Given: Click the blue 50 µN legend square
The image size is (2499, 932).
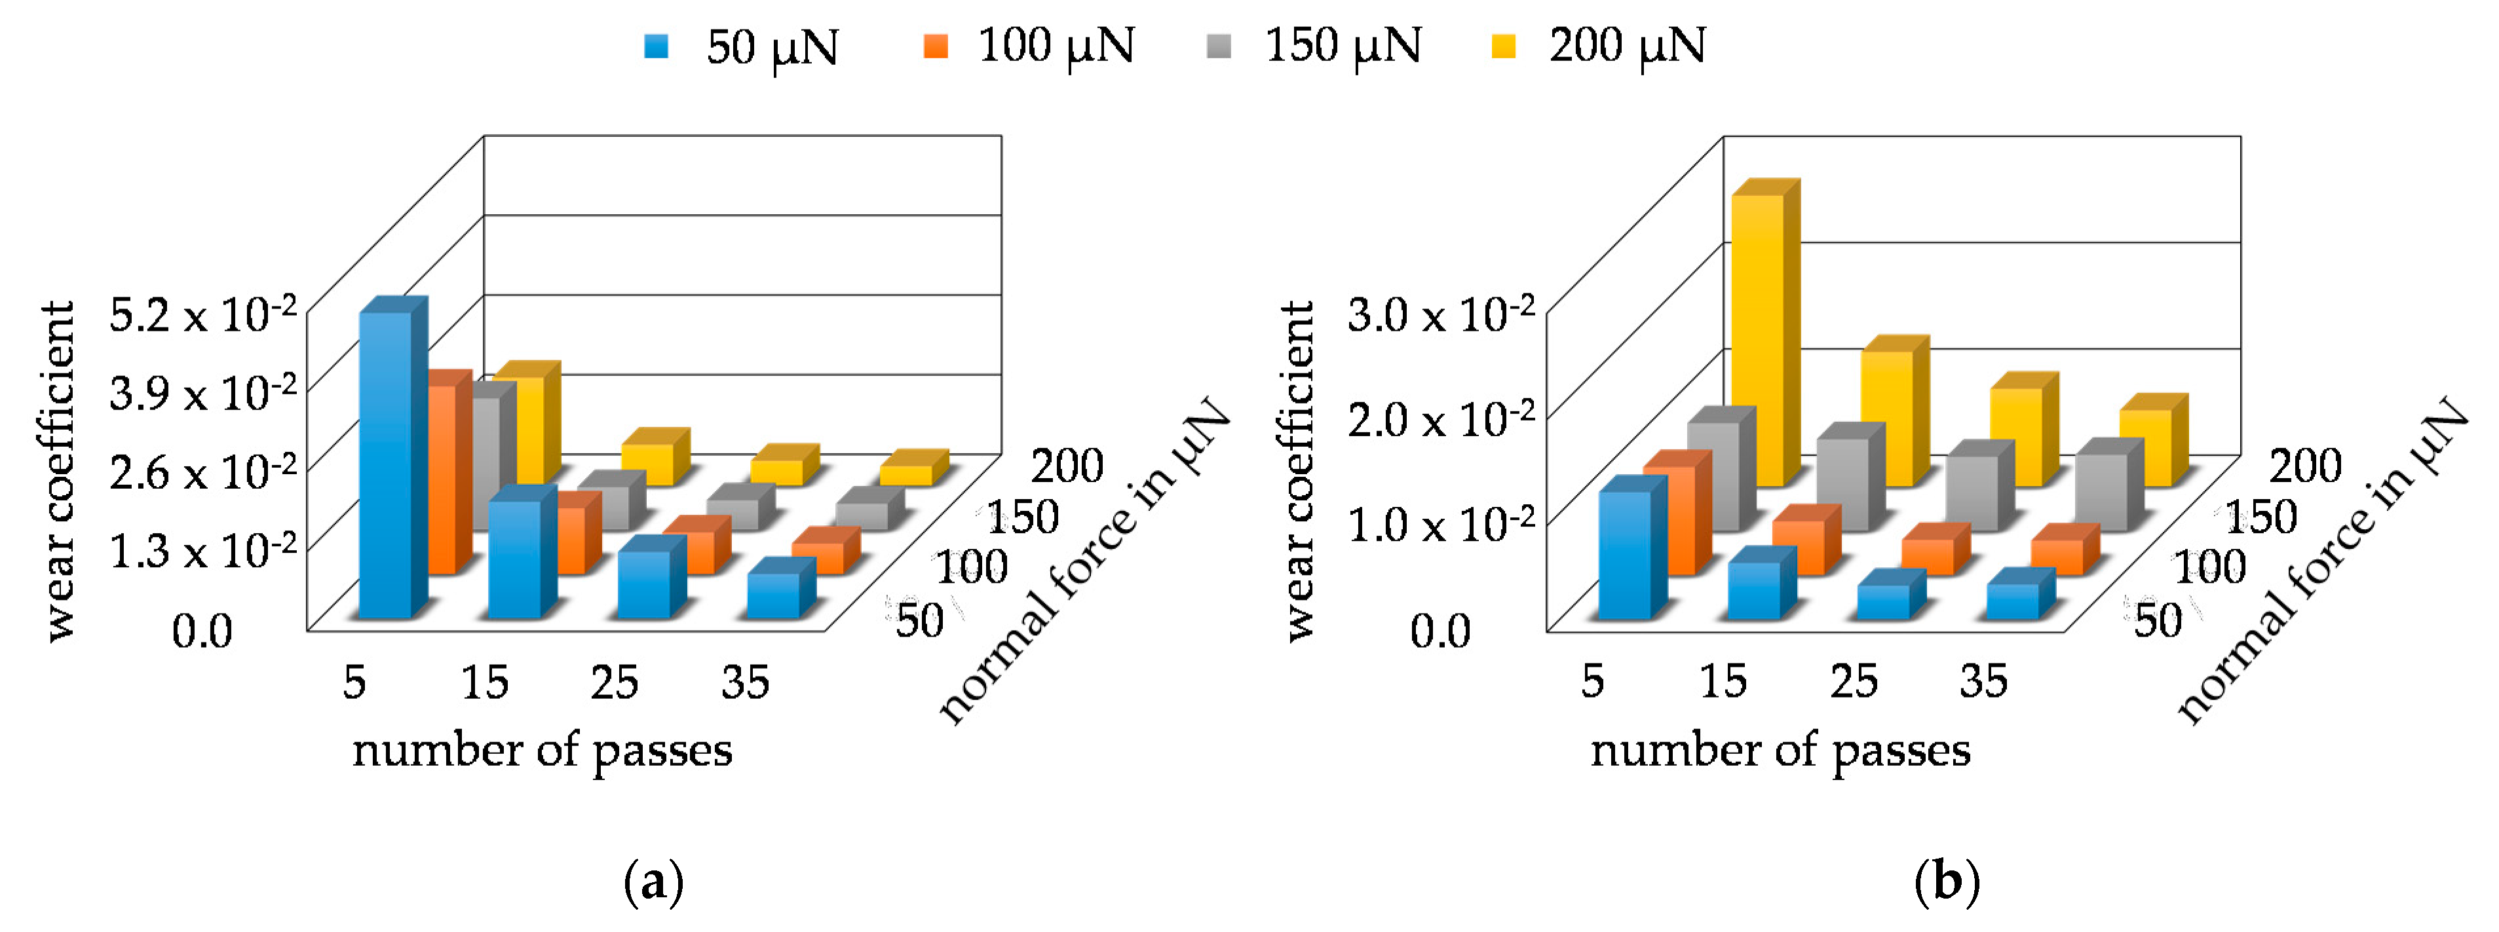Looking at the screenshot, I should click(x=657, y=46).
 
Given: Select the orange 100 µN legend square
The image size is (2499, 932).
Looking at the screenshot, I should click(x=936, y=46).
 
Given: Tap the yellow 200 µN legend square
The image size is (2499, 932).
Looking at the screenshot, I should click(x=1504, y=46).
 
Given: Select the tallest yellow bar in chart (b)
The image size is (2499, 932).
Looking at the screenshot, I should click(x=1757, y=339).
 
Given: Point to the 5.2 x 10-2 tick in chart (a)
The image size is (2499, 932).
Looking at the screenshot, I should click(x=202, y=315).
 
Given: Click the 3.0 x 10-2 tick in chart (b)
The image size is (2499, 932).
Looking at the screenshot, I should click(x=1441, y=315).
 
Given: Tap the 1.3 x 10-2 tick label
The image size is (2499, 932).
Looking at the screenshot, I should click(x=202, y=552).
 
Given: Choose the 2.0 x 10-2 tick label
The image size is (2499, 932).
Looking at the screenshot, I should click(x=1441, y=420).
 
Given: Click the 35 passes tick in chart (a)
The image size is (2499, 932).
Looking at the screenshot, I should click(x=745, y=682).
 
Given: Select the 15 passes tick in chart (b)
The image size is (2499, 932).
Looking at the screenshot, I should click(x=1723, y=682).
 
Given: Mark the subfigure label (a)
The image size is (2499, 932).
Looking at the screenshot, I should click(x=654, y=882).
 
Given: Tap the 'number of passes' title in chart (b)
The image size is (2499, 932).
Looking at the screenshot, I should click(x=1780, y=750).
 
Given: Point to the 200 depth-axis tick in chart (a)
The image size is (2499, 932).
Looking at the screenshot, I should click(x=1066, y=466).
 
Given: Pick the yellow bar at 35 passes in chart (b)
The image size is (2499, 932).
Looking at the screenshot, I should click(x=2145, y=447).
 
